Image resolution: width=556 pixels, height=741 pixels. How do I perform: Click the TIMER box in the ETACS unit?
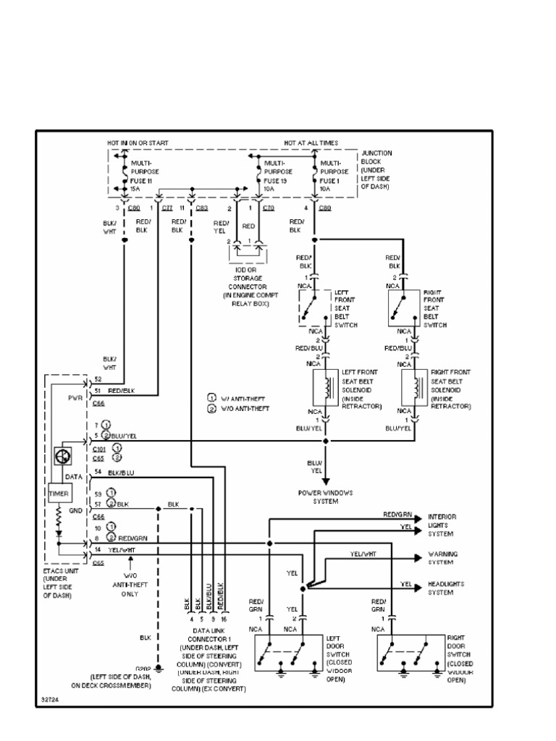click(59, 494)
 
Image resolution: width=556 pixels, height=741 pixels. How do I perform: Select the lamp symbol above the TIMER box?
click(62, 456)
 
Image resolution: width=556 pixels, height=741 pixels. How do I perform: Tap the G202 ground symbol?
click(159, 665)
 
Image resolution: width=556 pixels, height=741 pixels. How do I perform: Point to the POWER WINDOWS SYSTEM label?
click(325, 496)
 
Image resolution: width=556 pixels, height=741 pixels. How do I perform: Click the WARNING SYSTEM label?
click(442, 558)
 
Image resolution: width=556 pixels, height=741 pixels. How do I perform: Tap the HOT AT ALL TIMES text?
click(311, 143)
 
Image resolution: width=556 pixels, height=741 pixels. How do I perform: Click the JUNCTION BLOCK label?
click(376, 170)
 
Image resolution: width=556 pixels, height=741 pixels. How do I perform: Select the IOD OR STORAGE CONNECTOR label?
click(245, 288)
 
